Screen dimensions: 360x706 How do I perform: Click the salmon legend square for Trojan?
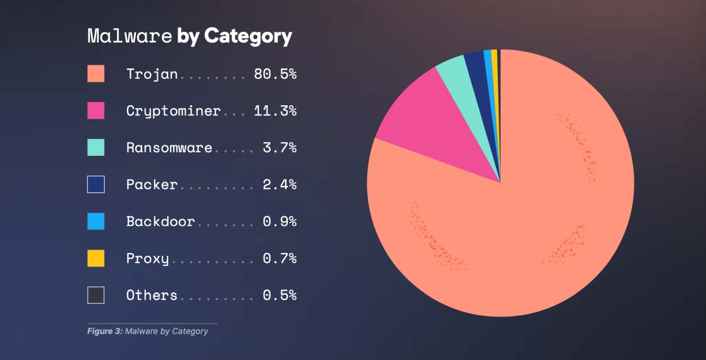96,74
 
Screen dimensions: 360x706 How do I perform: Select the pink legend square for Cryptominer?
96,111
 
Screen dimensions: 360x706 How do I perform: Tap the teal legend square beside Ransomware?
96,147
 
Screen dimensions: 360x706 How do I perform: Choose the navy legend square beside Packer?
96,184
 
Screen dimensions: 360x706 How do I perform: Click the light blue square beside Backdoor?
96,221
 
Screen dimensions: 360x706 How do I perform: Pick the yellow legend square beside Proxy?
96,258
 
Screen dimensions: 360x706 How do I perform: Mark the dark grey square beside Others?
96,295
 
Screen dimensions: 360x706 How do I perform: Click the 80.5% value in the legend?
275,74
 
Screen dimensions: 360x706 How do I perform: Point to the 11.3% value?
275,111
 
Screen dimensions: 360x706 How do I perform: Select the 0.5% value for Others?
279,295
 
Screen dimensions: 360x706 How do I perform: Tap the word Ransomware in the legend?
169,148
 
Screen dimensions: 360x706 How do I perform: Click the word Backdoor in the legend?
160,221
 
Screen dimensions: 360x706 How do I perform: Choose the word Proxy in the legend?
147,258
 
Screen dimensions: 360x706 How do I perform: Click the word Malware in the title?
129,36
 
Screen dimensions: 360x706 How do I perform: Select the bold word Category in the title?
248,36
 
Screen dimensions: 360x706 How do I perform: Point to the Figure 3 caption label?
105,331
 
